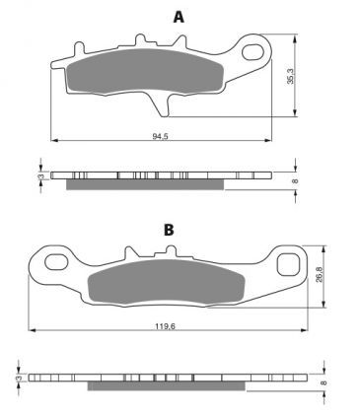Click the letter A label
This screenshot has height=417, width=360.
179,17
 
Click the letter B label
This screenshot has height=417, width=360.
169,230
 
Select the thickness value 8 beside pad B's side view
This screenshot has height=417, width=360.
323,379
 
